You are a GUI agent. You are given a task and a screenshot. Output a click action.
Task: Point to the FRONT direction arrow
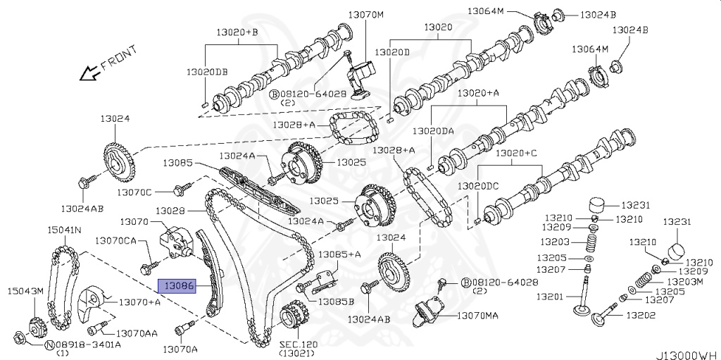point(89,72)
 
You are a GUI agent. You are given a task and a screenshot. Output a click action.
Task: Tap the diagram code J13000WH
point(688,354)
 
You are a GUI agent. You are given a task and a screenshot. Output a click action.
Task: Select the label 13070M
point(368,14)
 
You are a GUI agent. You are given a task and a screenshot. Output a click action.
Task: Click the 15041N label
point(64,230)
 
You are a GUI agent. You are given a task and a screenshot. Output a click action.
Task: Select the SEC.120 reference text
point(299,345)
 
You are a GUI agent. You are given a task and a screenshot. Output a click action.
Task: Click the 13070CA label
point(116,240)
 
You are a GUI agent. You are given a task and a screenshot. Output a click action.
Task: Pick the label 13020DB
point(207,73)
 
